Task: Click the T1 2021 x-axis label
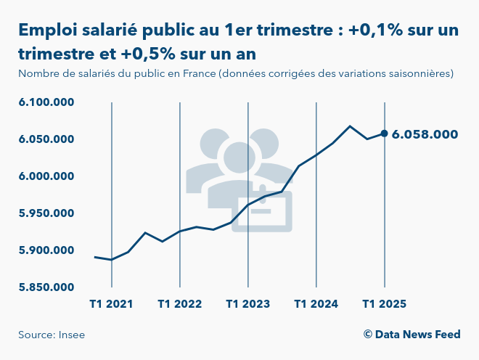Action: [111, 303]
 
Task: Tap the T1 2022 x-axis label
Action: [179, 303]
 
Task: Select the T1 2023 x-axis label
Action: [247, 303]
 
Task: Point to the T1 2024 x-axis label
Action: [316, 303]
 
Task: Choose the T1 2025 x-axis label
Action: [384, 303]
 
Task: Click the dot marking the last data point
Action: [384, 134]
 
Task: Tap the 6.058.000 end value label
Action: [425, 134]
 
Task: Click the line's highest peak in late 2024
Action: [350, 126]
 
